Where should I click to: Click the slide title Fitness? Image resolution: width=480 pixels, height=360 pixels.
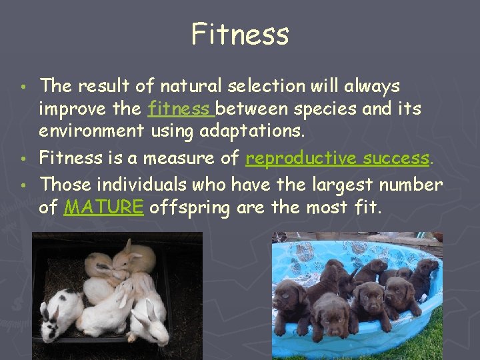pos(240,33)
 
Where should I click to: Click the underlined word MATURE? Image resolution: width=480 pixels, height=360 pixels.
pos(103,207)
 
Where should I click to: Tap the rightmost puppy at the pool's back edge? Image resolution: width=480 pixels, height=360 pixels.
pos(424,273)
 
